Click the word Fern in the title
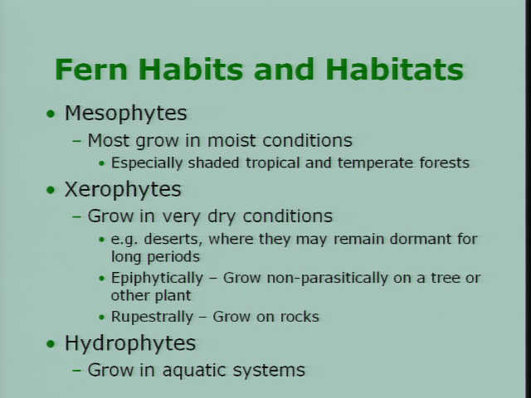[91, 70]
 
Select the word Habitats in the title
[394, 70]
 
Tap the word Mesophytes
[125, 114]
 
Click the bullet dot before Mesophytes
[51, 114]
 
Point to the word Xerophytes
[123, 190]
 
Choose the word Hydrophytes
[130, 343]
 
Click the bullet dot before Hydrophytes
[51, 344]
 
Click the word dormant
[421, 239]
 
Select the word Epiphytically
[157, 279]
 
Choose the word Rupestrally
[152, 317]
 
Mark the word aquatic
[195, 371]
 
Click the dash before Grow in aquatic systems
[77, 370]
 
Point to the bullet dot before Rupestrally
[101, 318]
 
